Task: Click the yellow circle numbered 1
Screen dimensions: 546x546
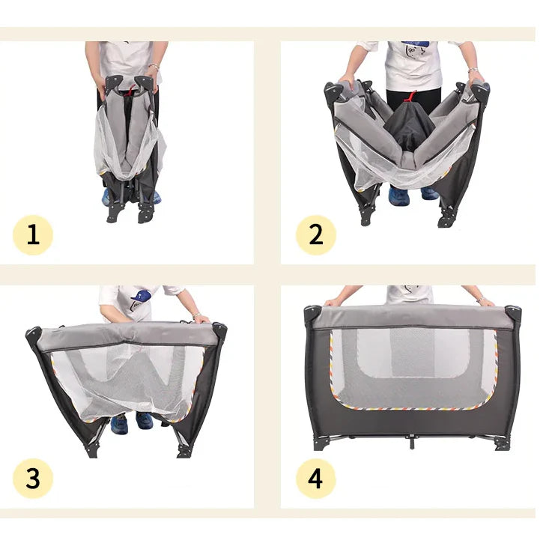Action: (33, 235)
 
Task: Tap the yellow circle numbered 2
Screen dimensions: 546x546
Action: (316, 235)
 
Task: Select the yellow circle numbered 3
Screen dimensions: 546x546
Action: (33, 479)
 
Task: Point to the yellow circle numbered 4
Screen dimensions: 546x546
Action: (316, 479)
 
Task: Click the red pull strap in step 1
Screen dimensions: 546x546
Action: (130, 90)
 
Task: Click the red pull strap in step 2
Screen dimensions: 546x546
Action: (411, 96)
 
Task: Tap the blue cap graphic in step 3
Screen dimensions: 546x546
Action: (141, 296)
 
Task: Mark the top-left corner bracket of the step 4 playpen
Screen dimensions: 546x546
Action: (312, 315)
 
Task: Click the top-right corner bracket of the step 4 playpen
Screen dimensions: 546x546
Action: (513, 315)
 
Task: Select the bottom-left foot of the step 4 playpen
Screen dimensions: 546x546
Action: (321, 444)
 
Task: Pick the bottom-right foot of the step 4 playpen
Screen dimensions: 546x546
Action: (502, 445)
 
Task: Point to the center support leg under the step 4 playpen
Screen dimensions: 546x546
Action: (412, 442)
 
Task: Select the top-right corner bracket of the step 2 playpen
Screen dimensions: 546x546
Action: (481, 91)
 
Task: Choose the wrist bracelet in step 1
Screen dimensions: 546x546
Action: (154, 67)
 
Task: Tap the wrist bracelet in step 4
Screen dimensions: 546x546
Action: (481, 299)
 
